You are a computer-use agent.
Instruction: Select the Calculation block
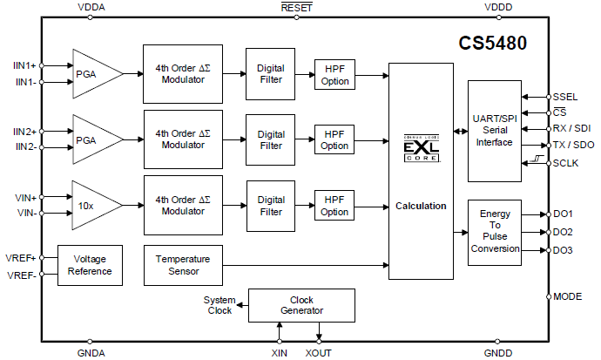coord(421,206)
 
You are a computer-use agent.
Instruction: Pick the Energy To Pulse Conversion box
coord(494,230)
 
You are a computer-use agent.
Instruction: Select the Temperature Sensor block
coord(182,265)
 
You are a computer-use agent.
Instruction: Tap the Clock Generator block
coord(301,305)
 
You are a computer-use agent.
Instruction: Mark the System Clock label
coord(219,305)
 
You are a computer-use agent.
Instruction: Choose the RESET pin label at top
coord(297,8)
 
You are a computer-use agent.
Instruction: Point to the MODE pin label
coord(568,296)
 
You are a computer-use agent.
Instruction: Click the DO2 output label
coord(563,232)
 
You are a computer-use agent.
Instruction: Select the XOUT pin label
coord(319,353)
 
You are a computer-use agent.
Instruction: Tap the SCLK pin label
coord(566,162)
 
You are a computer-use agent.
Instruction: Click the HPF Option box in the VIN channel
coord(334,206)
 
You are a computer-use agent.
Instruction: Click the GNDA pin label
coord(91,353)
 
